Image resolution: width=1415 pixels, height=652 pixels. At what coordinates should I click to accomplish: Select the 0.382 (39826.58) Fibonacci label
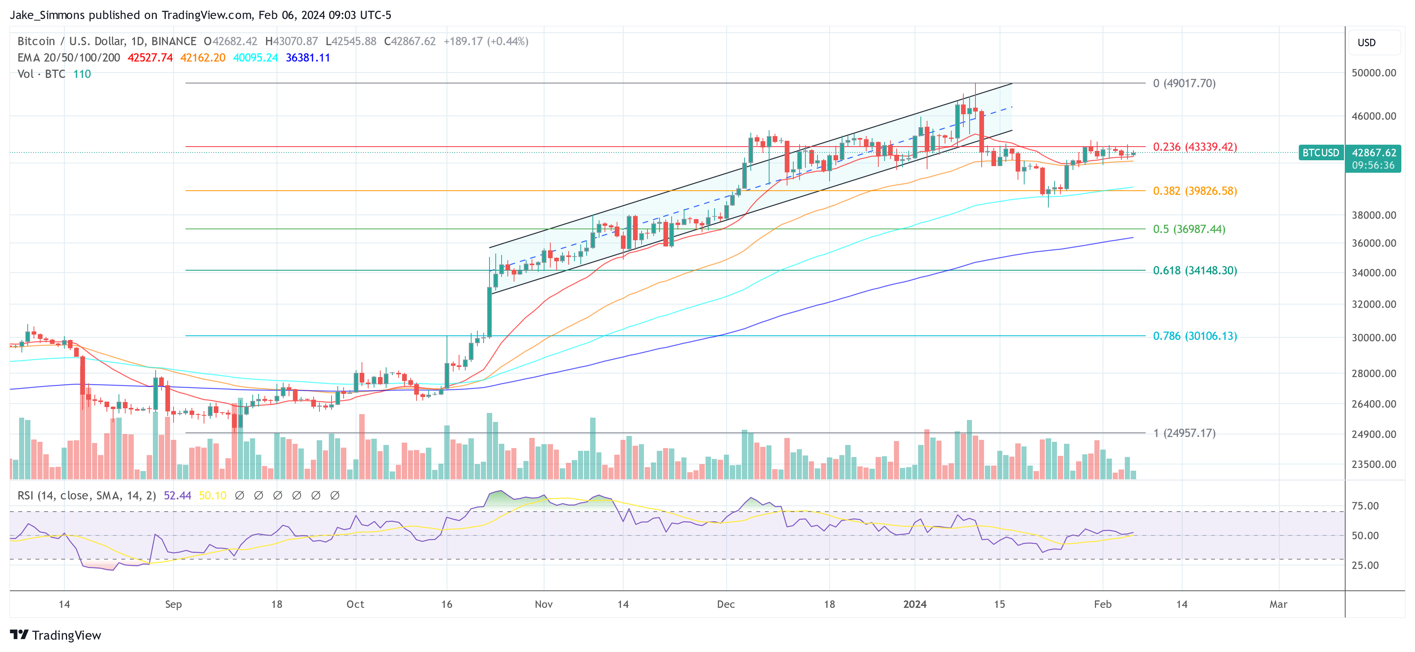click(1195, 191)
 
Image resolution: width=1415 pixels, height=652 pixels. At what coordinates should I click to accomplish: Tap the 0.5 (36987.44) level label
click(1189, 229)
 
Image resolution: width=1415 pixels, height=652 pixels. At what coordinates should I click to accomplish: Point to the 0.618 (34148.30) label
click(1195, 270)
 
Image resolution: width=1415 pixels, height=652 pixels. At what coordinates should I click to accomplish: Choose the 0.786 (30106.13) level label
click(1195, 336)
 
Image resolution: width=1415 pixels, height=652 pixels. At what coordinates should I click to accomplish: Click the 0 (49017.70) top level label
click(1184, 83)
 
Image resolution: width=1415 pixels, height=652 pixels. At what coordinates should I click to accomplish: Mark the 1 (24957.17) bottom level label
click(1184, 433)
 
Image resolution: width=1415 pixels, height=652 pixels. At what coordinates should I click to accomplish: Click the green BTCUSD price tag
click(1321, 153)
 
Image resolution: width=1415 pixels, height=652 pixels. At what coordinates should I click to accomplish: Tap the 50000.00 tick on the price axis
click(1373, 73)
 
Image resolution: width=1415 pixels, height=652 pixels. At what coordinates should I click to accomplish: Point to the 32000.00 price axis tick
click(1373, 304)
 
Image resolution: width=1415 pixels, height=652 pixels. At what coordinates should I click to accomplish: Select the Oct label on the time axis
click(355, 604)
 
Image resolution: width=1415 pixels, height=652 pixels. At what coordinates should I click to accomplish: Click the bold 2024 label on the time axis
click(915, 604)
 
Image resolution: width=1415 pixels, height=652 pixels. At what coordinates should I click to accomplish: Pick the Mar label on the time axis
click(1278, 604)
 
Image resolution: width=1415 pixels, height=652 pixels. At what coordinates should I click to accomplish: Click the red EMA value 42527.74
click(150, 58)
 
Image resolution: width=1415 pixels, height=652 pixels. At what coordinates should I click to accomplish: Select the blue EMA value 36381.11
click(308, 58)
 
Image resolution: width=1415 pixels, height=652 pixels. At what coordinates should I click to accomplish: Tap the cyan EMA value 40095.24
click(255, 58)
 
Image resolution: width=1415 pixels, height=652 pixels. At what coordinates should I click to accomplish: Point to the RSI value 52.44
click(177, 496)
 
